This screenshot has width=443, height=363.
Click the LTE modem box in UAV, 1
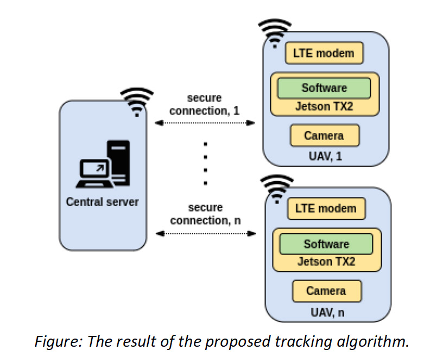click(x=324, y=53)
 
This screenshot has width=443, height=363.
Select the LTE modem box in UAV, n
click(x=326, y=208)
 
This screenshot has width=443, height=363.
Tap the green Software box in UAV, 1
click(x=324, y=88)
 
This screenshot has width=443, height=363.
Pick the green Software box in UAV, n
click(x=326, y=244)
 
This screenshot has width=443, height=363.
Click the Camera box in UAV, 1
click(x=324, y=135)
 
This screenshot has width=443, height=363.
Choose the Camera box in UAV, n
click(x=326, y=291)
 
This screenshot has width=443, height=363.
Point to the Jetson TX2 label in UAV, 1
click(x=324, y=106)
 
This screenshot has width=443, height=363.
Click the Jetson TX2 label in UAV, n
click(x=326, y=262)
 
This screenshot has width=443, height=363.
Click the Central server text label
click(x=103, y=202)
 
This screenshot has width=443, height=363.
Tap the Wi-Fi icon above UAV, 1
click(x=274, y=33)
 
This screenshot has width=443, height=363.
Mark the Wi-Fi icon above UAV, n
click(x=277, y=188)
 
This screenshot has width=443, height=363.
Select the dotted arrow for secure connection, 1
click(x=205, y=123)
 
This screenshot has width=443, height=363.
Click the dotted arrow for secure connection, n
click(x=205, y=233)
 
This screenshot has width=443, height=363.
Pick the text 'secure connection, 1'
click(x=205, y=104)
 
